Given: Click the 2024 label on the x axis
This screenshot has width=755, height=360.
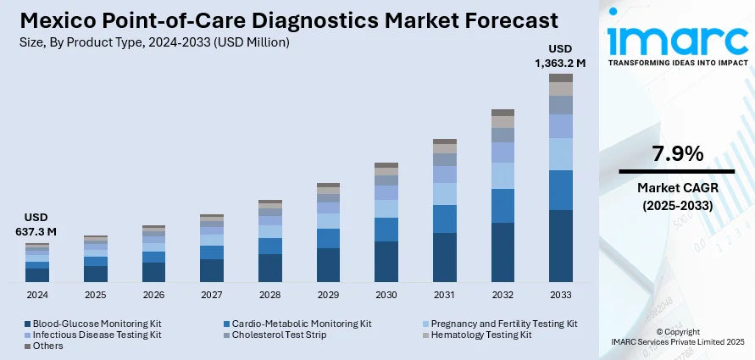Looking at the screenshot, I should point(36,295).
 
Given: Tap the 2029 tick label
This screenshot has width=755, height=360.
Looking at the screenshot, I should point(328,295).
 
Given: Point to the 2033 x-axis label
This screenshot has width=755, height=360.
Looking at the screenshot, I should point(561,295).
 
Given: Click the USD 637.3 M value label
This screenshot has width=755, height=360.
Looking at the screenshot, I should point(36,224).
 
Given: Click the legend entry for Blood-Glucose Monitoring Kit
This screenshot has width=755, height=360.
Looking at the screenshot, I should point(93,324).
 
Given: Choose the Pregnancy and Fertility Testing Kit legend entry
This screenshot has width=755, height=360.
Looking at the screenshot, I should point(503,324).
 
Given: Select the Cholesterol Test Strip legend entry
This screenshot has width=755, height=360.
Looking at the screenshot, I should point(278,335).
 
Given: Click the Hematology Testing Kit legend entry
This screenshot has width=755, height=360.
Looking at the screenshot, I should point(481,335).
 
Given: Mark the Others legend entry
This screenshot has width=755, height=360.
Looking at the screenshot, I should point(47,346).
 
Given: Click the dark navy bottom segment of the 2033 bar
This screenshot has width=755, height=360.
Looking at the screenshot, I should point(561,246).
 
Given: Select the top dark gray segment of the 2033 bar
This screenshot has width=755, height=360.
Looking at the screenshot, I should point(561,78).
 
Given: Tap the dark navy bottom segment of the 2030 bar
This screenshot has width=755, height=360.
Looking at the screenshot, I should point(386,261).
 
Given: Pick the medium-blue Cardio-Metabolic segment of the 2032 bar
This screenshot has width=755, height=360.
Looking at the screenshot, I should point(502,206).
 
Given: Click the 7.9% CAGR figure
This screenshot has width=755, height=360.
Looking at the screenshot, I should point(677,154).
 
